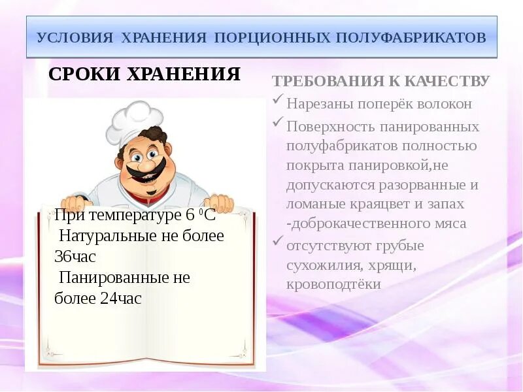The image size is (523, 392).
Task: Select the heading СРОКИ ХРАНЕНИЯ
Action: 144,74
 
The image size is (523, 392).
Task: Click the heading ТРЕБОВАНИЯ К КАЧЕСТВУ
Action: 380,81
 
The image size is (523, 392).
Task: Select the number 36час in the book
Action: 75,257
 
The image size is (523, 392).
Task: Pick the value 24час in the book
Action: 121,299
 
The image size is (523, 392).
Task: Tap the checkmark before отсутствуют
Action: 277,243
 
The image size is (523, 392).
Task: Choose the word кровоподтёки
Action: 333,285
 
